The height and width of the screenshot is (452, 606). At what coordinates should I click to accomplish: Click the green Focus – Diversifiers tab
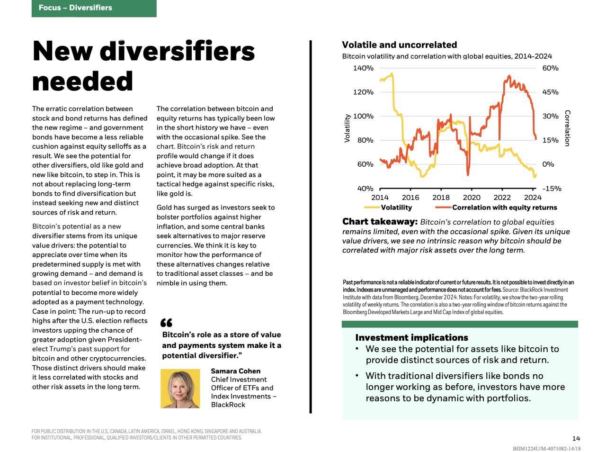[94, 8]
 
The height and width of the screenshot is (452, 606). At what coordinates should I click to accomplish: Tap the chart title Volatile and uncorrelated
[399, 45]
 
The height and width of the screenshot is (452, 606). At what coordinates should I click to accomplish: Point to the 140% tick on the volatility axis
[363, 68]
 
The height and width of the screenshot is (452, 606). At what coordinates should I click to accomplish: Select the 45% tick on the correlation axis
[550, 92]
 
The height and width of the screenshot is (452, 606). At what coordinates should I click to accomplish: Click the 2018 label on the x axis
[441, 197]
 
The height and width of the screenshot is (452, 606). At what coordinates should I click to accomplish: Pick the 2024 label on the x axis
[532, 197]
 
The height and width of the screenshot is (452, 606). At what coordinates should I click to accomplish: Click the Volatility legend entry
[388, 207]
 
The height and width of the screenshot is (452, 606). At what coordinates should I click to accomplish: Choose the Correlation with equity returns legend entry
[496, 207]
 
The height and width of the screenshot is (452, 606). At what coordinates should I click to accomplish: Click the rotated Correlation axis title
[567, 128]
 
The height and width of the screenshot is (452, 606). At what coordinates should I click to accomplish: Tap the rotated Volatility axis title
[347, 128]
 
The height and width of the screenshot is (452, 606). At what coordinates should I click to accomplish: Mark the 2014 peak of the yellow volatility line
[392, 74]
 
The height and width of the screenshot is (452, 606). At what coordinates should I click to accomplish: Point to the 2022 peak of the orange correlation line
[509, 76]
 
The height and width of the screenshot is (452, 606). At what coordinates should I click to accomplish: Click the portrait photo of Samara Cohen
[180, 388]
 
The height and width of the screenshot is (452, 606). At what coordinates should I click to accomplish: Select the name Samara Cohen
[235, 371]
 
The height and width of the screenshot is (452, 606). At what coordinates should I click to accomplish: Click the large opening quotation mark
[166, 322]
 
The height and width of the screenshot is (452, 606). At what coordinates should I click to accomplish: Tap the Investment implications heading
[411, 338]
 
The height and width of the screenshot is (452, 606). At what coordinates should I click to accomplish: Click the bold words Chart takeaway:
[380, 222]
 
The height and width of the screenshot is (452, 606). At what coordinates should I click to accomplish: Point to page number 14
[576, 438]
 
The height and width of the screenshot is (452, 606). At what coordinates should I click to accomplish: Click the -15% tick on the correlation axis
[552, 189]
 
